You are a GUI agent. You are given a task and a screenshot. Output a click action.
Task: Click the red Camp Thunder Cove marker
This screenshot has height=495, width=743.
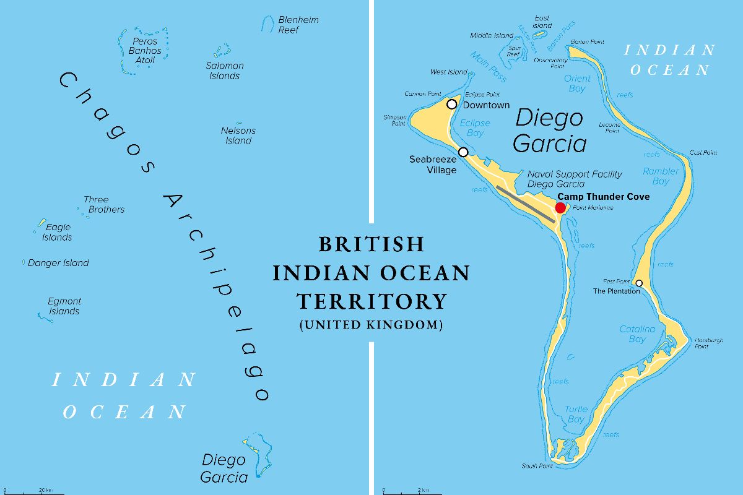560,207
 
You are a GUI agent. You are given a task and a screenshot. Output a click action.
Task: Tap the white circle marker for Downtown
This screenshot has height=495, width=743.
452,104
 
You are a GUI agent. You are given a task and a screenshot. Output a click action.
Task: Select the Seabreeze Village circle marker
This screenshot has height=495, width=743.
463,152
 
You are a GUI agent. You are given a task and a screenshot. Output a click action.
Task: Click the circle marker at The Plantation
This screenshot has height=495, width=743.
639,283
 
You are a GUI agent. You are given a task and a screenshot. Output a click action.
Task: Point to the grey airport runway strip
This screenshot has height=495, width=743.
527,205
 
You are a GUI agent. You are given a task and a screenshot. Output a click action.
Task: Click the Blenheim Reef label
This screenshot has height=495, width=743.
298,25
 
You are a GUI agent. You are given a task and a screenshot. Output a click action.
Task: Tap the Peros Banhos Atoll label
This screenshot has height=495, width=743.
145,51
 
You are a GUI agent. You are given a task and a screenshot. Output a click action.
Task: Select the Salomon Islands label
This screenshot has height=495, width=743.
224,71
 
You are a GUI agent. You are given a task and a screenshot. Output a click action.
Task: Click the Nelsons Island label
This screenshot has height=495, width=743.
238,136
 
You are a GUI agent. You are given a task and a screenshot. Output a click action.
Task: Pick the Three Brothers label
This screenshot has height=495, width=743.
103,205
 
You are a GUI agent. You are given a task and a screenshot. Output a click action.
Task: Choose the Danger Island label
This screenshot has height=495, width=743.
58,263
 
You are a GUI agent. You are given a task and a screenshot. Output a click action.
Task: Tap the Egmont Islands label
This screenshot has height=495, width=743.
64,306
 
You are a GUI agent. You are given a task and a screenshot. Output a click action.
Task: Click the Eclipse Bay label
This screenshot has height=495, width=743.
475,128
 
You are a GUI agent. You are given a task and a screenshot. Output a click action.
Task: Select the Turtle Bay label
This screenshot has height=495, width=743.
576,415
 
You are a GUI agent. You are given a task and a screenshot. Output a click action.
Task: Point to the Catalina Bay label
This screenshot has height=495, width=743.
637,334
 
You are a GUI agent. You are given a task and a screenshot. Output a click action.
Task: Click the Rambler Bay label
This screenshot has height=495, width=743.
660,176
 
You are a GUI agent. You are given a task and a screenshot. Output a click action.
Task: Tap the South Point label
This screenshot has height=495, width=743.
536,466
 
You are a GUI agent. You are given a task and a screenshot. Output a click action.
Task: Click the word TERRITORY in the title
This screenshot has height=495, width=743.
371,301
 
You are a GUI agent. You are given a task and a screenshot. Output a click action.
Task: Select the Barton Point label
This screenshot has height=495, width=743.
587,42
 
